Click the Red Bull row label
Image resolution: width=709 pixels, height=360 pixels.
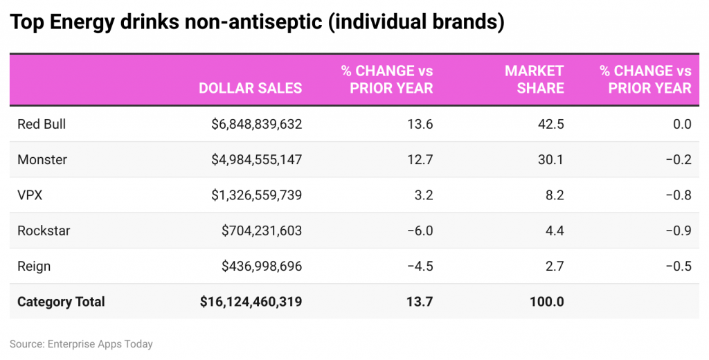(x=42, y=125)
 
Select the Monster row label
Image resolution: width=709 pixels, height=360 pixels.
(x=42, y=160)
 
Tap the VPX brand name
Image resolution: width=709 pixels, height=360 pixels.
(x=30, y=195)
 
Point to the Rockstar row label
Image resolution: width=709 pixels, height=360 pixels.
(x=44, y=231)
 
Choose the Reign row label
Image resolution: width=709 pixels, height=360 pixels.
(x=34, y=267)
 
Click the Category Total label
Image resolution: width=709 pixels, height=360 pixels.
(x=61, y=302)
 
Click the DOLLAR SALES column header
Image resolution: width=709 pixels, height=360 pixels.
(x=250, y=89)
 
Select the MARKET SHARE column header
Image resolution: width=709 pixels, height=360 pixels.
(x=534, y=80)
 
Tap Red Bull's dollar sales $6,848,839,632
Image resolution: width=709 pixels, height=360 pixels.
(x=257, y=125)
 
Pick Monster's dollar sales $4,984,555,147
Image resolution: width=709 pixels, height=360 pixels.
(x=257, y=160)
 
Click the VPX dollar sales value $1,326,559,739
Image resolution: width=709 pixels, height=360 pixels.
(x=257, y=195)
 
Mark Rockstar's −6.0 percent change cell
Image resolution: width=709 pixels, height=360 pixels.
(x=419, y=231)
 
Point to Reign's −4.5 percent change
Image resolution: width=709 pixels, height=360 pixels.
(x=419, y=267)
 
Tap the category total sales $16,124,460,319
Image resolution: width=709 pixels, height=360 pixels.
(x=251, y=302)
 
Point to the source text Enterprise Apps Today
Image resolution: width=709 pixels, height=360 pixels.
(x=100, y=344)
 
